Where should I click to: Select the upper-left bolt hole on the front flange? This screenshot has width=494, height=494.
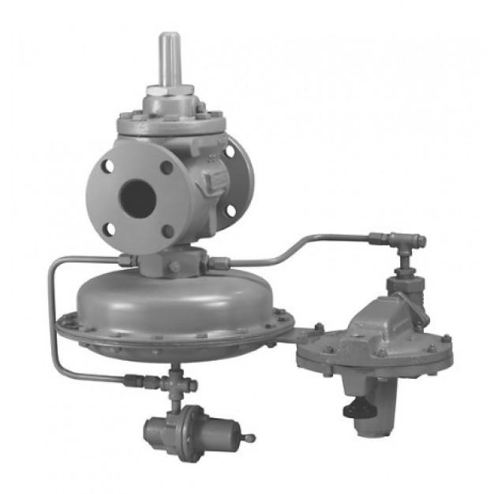point(104,168)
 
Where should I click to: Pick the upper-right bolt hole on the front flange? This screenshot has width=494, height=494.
point(167,167)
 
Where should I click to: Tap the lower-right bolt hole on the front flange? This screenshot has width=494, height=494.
point(168,230)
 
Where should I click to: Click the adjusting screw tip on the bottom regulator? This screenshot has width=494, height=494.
point(252,436)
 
